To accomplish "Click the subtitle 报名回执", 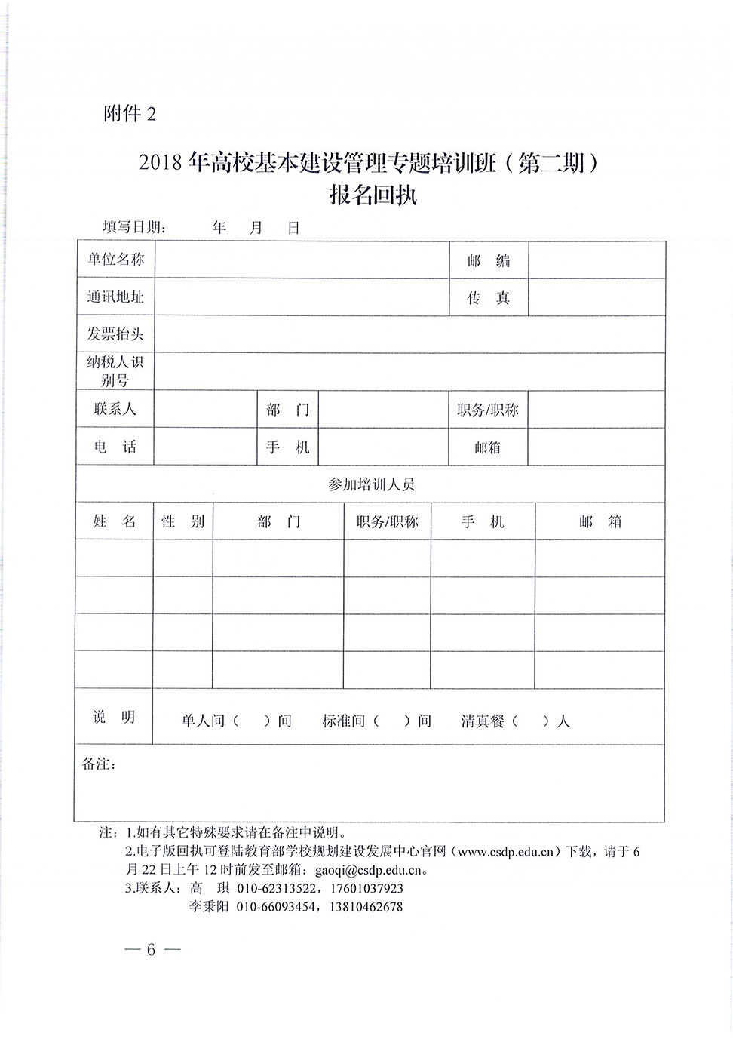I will coord(373,195).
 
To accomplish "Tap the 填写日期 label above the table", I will coord(134,228).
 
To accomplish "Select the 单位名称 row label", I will coord(115,260).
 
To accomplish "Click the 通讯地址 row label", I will coord(115,297).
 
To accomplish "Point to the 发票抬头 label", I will coord(115,334).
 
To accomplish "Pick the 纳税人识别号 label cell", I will coord(115,371).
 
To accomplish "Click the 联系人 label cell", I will coord(115,409).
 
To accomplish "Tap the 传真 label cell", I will coord(489,298).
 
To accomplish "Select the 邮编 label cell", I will coord(489,261).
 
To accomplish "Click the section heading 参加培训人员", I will coord(371,484).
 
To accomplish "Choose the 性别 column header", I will coord(183,521).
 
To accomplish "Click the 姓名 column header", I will coord(115,521).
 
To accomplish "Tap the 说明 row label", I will coord(114,717).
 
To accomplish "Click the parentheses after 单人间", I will coord(252,721).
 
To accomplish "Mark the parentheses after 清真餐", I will coord(531,721).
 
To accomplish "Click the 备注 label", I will coord(99,764).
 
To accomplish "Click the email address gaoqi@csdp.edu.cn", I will coord(372,869).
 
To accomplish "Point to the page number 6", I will coord(151,949).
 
